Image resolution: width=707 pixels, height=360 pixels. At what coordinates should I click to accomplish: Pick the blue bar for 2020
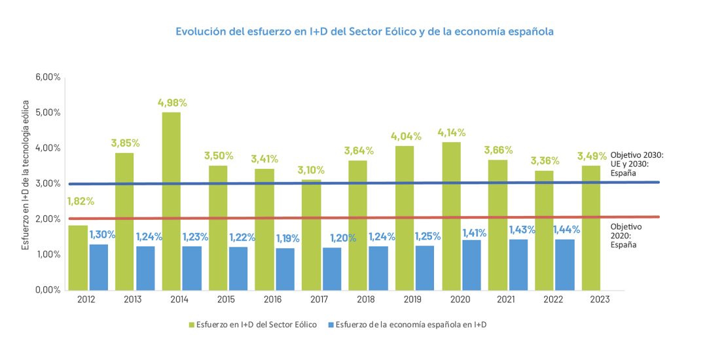471,265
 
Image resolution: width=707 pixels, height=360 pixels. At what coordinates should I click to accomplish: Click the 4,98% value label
172,103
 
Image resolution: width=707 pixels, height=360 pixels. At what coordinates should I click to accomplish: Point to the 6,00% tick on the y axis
48,77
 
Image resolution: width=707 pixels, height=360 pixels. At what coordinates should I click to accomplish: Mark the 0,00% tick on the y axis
48,290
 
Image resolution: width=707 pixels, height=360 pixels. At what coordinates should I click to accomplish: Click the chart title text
365,31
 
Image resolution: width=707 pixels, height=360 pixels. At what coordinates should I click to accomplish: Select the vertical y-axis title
26,175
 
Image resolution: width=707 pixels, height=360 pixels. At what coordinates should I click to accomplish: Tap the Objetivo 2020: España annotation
626,235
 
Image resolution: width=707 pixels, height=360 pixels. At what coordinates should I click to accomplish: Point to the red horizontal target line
367,218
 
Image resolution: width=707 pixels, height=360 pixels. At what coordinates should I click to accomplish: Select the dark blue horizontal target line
367,183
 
